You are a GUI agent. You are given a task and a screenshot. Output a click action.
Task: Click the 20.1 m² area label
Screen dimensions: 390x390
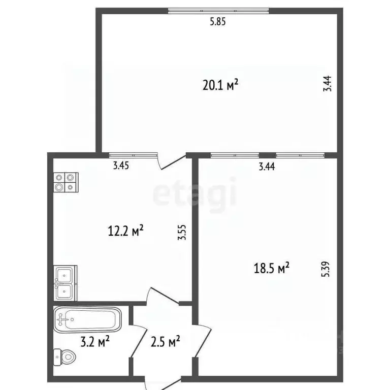click(x=220, y=85)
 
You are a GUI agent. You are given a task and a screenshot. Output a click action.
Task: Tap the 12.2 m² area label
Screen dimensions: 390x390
click(x=125, y=231)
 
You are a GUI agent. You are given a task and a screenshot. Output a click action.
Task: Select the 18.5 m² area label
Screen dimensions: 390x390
click(x=271, y=268)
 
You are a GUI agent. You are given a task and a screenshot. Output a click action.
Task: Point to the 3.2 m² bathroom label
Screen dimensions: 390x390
click(x=95, y=341)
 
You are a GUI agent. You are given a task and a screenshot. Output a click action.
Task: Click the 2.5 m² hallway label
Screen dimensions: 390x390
click(x=166, y=341)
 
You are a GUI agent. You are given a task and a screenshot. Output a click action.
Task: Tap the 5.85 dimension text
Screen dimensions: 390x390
click(x=218, y=22)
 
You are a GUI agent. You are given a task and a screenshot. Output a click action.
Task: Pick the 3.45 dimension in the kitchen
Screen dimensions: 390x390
click(x=121, y=166)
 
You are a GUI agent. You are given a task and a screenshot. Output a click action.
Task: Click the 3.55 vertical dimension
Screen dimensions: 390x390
click(x=182, y=232)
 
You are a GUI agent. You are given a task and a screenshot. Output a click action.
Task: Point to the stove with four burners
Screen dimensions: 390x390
click(x=66, y=182)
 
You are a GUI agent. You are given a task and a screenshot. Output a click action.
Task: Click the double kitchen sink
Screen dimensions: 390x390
click(x=65, y=283)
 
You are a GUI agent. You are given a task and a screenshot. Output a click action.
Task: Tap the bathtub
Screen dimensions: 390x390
click(x=87, y=320)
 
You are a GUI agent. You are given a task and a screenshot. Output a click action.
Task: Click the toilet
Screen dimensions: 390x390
click(x=64, y=357)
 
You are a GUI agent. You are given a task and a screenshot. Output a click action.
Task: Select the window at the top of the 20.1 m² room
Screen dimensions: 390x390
click(x=218, y=11)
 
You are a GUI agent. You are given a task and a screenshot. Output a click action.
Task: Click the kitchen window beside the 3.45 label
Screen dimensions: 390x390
click(x=134, y=155)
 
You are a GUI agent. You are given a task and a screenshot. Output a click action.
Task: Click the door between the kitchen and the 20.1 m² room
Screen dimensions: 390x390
click(x=172, y=161)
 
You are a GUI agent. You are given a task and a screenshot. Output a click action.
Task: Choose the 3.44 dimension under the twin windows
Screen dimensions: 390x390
click(x=267, y=167)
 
